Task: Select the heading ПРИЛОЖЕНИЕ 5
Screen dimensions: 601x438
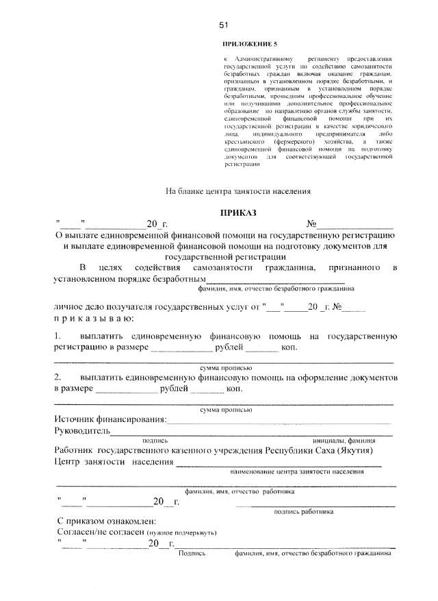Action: point(251,44)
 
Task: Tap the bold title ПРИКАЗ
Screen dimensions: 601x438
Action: point(238,213)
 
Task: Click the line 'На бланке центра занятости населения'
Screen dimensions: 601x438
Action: point(239,191)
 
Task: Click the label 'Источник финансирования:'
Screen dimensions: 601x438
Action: point(109,419)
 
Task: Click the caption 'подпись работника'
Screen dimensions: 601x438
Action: point(303,511)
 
